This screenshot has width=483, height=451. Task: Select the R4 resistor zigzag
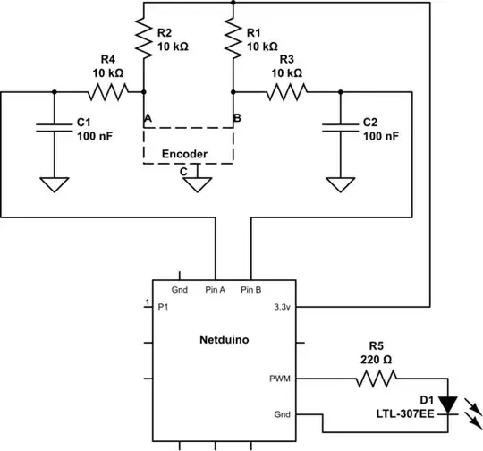point(105,90)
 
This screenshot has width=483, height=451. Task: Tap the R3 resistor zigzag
point(286,90)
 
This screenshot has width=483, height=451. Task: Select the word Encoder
point(184,154)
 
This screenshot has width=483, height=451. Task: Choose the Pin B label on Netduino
point(250,291)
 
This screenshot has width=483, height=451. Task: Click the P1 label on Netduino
point(163,307)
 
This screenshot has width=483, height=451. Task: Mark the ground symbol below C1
point(55,185)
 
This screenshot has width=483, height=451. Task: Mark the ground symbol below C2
point(340,185)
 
